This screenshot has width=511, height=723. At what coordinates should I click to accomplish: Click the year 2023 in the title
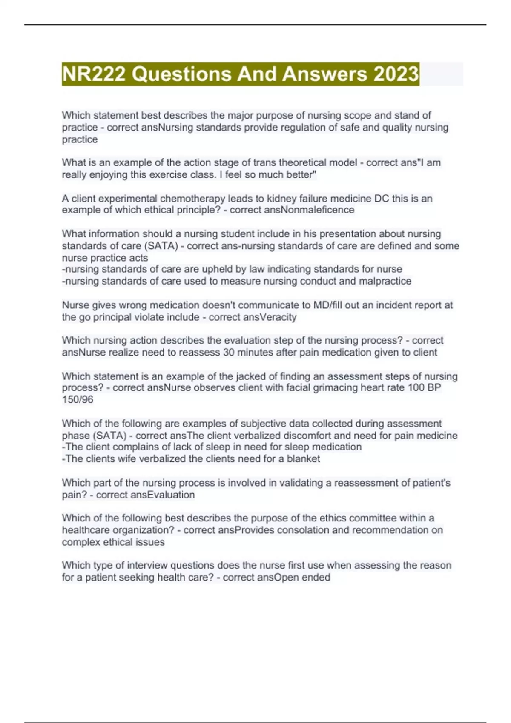coord(396,74)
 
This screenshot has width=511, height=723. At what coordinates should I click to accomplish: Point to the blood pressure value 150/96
coord(78,400)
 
